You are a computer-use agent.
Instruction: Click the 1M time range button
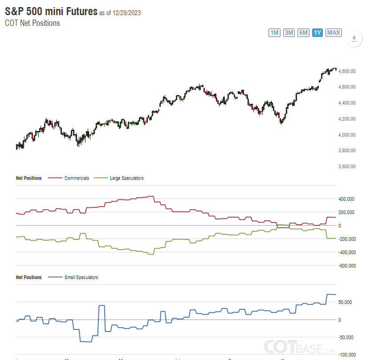coord(274,32)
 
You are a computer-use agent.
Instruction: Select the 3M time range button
coord(289,32)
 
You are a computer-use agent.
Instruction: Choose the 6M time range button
coord(303,32)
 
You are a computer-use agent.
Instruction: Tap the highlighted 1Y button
coord(317,32)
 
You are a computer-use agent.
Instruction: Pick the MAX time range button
coord(333,32)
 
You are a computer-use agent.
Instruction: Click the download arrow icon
coord(354,39)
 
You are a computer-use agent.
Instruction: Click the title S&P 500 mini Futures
coord(51,12)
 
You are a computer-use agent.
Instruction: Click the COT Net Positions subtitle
coord(33,23)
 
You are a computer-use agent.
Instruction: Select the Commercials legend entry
coord(77,178)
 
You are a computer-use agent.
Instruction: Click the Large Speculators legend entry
coord(126,178)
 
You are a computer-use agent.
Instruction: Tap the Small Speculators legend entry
coord(81,277)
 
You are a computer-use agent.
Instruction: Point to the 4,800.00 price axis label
coord(347,71)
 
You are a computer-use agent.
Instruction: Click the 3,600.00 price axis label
coord(347,166)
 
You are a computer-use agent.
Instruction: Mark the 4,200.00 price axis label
coord(347,119)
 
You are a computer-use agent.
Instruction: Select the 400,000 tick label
coord(346,199)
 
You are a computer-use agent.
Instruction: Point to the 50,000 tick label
coord(346,302)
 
